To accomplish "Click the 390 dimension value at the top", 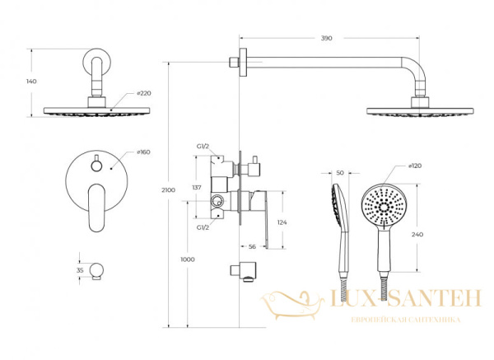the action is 326,38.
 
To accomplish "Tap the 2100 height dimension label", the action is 168,190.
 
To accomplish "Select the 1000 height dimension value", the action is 188,259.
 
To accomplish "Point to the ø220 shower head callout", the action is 144,93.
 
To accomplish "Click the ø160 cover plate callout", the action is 143,152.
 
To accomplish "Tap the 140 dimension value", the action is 31,82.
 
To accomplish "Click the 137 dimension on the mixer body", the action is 197,188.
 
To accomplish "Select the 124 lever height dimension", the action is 282,222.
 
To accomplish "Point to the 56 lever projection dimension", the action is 252,247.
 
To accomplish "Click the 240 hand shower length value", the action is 417,235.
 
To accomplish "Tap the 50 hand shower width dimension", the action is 340,173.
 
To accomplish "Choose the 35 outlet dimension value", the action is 80,270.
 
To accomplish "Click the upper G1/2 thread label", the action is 203,147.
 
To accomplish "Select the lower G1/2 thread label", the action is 203,227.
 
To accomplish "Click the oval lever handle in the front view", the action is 97,208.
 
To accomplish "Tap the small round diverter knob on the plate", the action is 96,166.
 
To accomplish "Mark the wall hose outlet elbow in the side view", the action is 243,270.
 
